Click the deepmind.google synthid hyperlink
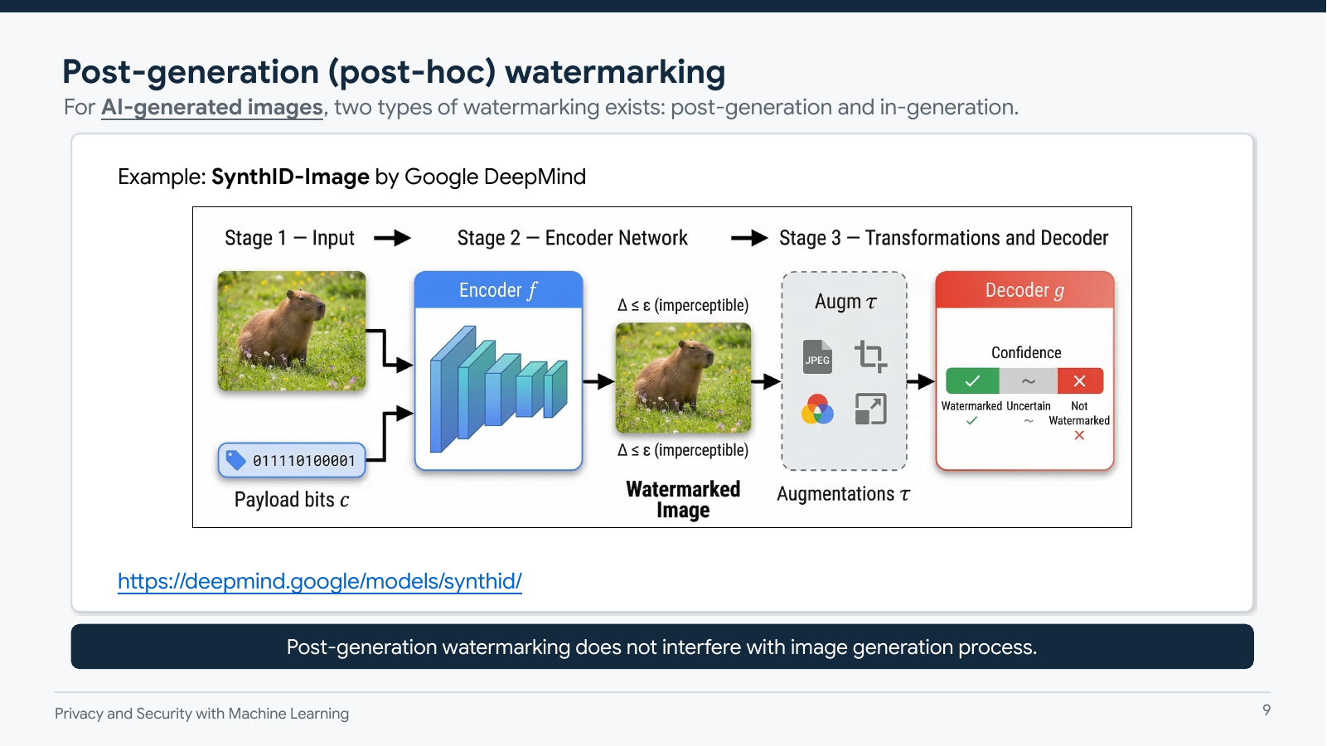tap(319, 581)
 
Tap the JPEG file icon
tap(817, 357)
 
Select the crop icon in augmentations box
tap(870, 356)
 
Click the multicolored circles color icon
tap(817, 409)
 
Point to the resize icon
tap(870, 409)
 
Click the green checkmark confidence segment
tap(972, 380)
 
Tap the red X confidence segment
tap(1079, 380)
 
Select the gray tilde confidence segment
tap(1028, 380)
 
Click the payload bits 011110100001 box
tap(292, 460)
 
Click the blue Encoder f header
tap(498, 290)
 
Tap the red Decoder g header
tap(1024, 290)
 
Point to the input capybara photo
tap(291, 331)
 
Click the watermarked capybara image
tap(683, 378)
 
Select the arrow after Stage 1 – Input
tap(392, 239)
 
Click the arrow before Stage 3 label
tap(749, 239)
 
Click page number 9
tap(1266, 710)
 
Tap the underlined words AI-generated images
tap(211, 108)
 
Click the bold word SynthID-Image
tap(290, 177)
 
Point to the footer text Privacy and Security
tap(201, 714)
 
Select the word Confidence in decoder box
tap(1026, 352)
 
